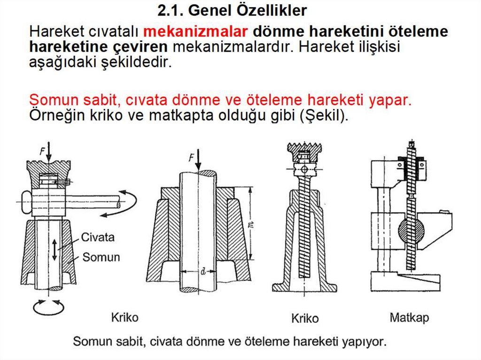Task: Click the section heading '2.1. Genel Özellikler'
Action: click(232, 11)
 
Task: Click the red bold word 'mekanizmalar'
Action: click(195, 31)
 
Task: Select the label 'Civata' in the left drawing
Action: click(98, 237)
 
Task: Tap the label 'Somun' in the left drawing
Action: click(101, 257)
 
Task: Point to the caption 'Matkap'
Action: click(409, 318)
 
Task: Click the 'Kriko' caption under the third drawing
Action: click(305, 318)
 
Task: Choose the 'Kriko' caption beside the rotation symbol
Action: click(124, 317)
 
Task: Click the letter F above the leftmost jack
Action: click(43, 151)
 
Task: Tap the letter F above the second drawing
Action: click(192, 158)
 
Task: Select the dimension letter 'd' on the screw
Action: click(203, 271)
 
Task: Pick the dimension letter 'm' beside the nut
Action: click(251, 225)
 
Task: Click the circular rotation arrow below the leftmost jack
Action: click(48, 307)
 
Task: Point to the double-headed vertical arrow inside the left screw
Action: click(54, 250)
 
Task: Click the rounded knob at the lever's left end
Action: click(27, 202)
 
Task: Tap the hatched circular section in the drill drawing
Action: click(411, 230)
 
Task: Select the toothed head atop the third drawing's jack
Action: click(304, 152)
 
